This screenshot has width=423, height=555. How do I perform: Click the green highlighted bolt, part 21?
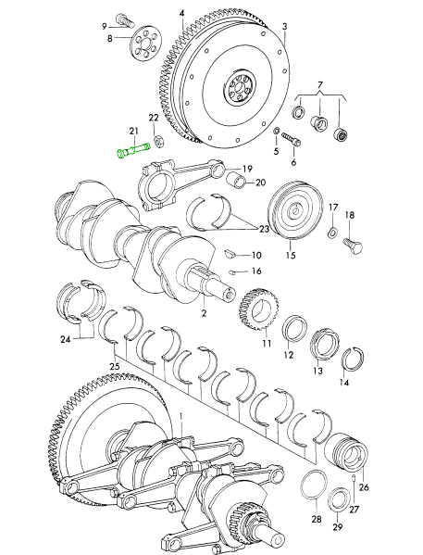[x=133, y=150]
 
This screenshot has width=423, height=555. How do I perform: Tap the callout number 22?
[x=154, y=118]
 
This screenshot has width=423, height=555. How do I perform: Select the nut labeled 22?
[x=158, y=141]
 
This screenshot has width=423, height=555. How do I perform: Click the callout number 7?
[x=320, y=85]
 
